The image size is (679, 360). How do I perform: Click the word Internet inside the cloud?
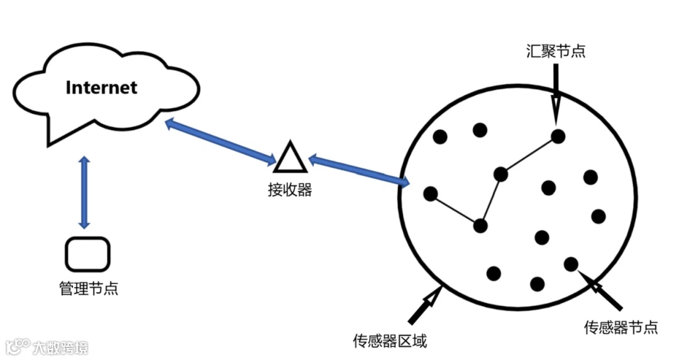pos(101,87)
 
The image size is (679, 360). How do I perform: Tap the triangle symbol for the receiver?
pos(290,158)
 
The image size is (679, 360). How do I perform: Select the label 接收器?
pos(290,189)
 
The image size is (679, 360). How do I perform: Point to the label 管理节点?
pos(89,288)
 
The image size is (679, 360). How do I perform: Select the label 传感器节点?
pos(621,327)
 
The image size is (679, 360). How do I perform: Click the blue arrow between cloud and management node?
pos(84,193)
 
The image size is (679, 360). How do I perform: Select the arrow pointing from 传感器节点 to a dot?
pos(600,290)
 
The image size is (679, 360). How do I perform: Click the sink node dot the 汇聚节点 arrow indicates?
pos(558,136)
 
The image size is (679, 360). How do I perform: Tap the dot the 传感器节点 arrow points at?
pos(571,264)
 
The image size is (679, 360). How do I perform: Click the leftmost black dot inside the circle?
pos(431,193)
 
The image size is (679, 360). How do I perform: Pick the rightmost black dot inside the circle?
pos(599,216)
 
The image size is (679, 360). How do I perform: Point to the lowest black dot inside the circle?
pos(537,284)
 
